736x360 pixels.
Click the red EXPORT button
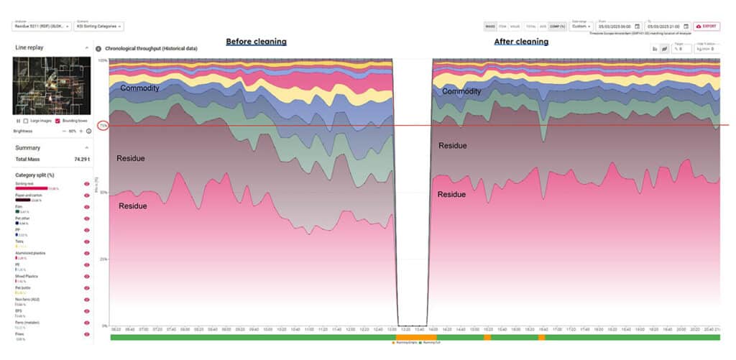[x=707, y=26]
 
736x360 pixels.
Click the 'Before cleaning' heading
[x=256, y=42]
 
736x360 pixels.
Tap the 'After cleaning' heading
[x=521, y=42]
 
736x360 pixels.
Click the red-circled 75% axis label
[x=103, y=125]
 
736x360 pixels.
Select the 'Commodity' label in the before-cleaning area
[x=140, y=88]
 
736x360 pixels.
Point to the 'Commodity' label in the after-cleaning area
[x=461, y=91]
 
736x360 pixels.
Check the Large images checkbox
[x=27, y=121]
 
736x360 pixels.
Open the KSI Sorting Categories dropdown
[x=99, y=26]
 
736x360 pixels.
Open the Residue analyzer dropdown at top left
[x=42, y=26]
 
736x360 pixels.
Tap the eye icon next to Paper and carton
[x=87, y=195]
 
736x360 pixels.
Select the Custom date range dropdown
[x=579, y=26]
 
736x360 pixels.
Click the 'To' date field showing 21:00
[x=667, y=26]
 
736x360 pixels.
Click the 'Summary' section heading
[x=28, y=147]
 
